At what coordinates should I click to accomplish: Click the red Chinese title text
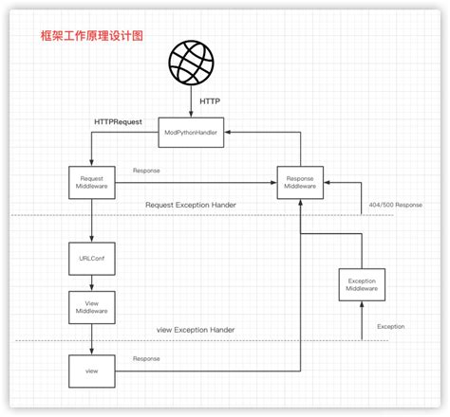(x=78, y=35)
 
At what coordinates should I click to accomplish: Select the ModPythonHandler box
(x=197, y=133)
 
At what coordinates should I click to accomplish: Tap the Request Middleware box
(x=91, y=182)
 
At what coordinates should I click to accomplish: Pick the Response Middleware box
(x=300, y=183)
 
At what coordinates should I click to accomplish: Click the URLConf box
(x=91, y=258)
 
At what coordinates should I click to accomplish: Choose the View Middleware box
(x=91, y=305)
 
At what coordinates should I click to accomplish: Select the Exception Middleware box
(x=362, y=285)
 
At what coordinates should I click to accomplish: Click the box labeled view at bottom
(x=91, y=369)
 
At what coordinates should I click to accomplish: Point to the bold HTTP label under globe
(x=211, y=100)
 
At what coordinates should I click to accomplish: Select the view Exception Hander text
(x=195, y=330)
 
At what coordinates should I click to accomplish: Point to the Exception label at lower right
(x=390, y=326)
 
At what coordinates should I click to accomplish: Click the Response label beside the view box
(x=146, y=358)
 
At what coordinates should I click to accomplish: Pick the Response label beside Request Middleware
(x=146, y=172)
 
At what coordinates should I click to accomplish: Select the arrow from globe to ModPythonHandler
(x=197, y=103)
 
